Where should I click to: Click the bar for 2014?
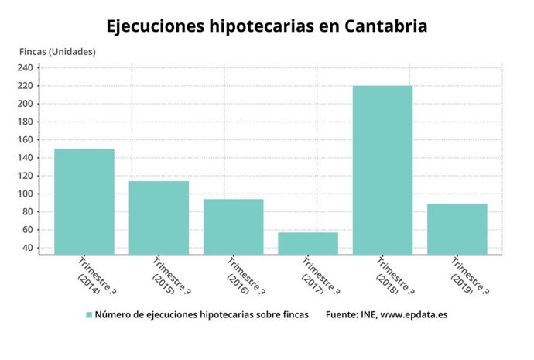84,201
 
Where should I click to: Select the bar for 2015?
159,218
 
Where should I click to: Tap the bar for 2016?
233,227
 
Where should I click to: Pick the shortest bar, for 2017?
308,243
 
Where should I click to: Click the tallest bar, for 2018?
382,170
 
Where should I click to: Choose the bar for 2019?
457,229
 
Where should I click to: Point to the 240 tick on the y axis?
26,68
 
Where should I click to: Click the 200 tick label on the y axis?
26,104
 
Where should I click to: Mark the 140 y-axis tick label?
26,158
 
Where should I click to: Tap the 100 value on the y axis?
26,194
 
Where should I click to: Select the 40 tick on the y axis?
29,248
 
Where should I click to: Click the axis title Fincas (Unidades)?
57,52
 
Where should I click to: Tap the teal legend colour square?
89,315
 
